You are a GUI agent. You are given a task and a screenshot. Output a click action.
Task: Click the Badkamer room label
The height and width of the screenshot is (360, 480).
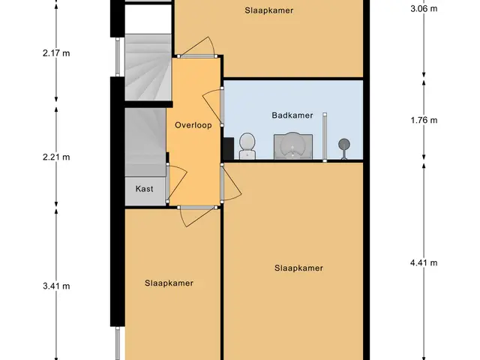click(292, 115)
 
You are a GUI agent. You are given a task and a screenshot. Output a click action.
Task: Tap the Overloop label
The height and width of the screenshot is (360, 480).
click(193, 125)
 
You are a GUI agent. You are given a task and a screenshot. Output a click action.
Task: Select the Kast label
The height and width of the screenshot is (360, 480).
click(144, 188)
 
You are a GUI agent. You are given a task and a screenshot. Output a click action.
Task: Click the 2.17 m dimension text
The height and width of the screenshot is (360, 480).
click(56, 53)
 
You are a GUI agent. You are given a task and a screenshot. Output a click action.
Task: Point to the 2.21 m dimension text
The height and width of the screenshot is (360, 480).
click(56, 157)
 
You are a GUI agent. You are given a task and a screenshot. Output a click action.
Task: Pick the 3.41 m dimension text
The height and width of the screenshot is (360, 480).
click(56, 286)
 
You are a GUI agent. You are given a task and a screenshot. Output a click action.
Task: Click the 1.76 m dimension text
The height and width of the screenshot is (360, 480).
click(424, 120)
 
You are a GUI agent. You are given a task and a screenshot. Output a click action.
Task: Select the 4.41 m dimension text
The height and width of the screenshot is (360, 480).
click(424, 262)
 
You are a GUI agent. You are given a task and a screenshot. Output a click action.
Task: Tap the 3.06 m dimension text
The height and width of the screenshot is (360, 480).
click(424, 8)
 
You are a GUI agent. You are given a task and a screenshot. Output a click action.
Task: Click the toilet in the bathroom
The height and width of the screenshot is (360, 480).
click(247, 146)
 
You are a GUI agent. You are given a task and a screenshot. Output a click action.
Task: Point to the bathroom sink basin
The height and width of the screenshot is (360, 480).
click(293, 146)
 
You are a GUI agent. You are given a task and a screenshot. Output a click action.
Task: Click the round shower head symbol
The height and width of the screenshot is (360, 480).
click(344, 145)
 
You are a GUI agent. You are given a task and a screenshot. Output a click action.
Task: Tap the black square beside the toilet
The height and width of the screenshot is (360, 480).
click(229, 148)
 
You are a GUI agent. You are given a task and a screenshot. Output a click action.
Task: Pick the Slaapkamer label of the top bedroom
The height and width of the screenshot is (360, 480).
click(269, 10)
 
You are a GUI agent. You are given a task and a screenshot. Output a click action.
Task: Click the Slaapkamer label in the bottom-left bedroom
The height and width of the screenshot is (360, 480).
click(169, 283)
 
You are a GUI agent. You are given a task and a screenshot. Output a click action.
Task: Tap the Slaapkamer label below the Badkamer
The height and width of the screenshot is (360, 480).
click(298, 268)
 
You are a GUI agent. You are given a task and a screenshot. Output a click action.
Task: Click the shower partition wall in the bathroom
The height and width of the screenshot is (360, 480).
click(325, 137)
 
